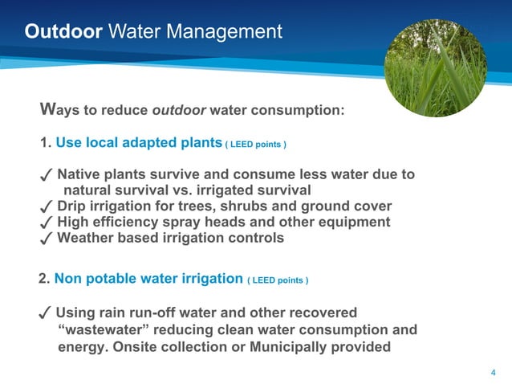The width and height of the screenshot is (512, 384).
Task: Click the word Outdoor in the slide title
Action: click(x=63, y=32)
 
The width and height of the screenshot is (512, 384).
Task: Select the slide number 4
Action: click(x=492, y=372)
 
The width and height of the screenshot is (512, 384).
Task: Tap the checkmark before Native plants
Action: click(x=47, y=176)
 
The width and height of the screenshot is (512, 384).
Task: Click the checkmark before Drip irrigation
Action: click(x=47, y=207)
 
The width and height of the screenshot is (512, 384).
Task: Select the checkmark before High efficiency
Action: click(x=47, y=223)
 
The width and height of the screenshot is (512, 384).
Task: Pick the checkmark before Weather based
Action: click(x=47, y=239)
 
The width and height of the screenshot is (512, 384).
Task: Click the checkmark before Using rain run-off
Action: click(x=47, y=313)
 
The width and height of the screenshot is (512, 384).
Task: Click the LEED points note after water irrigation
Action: click(x=278, y=280)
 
